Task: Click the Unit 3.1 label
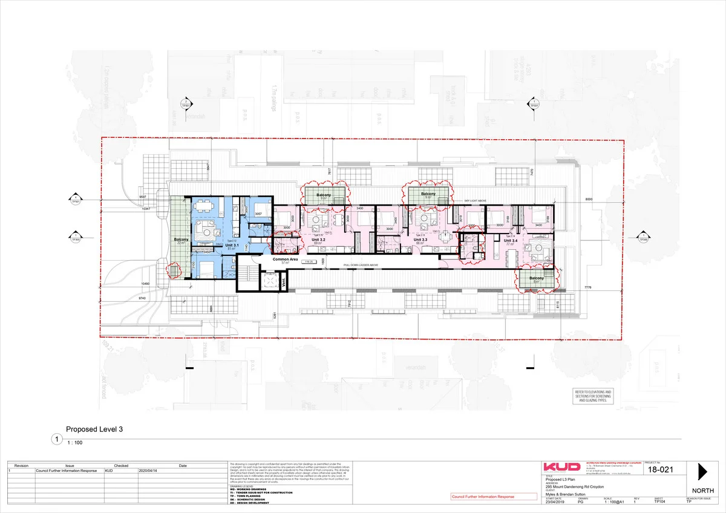click(232, 244)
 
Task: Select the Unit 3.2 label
click(319, 240)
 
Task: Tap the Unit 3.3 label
click(420, 240)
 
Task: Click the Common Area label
click(284, 259)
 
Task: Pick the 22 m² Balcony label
click(181, 241)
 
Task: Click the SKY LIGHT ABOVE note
click(476, 200)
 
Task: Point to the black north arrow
click(702, 472)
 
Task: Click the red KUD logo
click(562, 468)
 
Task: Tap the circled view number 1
click(57, 440)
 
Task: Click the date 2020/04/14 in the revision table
click(148, 470)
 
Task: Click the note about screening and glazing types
click(595, 396)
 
